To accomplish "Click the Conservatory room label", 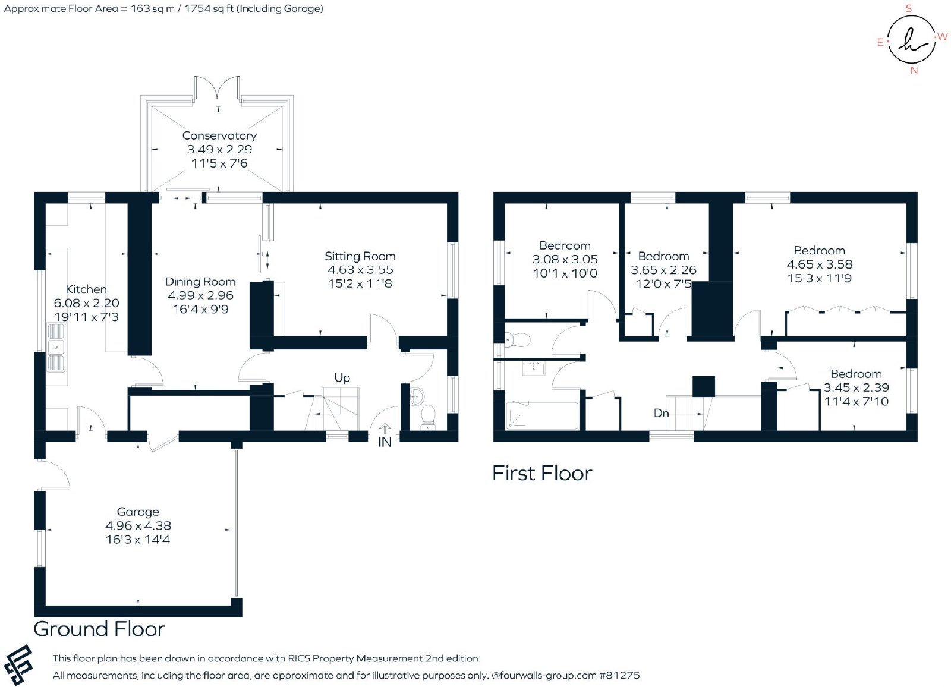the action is (x=219, y=136).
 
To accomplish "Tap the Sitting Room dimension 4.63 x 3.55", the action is (x=360, y=270).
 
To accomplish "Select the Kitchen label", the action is (x=86, y=289).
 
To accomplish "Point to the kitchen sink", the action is (x=56, y=347).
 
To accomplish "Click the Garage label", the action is (x=138, y=512).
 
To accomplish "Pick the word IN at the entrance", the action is (x=385, y=442).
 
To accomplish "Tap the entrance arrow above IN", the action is (x=385, y=428).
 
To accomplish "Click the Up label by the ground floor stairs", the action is (x=342, y=378).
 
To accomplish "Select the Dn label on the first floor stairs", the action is (x=661, y=412).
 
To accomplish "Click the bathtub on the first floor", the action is (x=542, y=415).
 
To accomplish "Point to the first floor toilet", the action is (x=519, y=340).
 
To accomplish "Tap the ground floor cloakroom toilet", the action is (x=428, y=416).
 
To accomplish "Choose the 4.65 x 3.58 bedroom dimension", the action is (x=820, y=264).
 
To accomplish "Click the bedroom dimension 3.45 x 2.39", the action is (x=856, y=387).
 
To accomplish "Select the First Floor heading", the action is (x=542, y=474).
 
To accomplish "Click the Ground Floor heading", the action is (x=99, y=629).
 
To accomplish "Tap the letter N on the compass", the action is (x=914, y=71).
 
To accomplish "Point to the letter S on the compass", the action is (x=909, y=8).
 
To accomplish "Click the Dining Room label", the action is (x=200, y=282).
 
